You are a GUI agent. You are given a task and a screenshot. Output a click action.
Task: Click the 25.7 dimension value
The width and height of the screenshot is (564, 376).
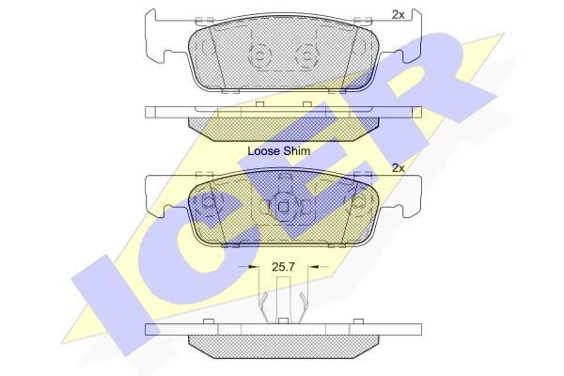coord(283,267)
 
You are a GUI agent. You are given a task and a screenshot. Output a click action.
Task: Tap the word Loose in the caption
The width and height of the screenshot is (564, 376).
coord(263,151)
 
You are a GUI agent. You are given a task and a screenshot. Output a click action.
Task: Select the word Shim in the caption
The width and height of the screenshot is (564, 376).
coord(296,151)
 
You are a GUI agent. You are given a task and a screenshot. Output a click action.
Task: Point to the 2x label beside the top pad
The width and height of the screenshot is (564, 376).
coord(399,15)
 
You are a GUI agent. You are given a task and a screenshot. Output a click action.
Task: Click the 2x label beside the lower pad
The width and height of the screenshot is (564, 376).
coord(399,168)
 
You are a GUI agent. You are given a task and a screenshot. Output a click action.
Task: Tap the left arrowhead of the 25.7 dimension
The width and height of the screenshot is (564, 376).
coord(254,267)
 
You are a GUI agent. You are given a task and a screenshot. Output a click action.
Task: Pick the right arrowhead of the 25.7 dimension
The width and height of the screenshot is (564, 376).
coord(314,267)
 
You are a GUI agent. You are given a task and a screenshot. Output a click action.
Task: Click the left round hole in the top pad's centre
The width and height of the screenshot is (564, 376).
coord(260,56)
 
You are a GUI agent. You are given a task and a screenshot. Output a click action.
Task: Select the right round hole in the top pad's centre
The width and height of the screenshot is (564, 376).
coord(306,56)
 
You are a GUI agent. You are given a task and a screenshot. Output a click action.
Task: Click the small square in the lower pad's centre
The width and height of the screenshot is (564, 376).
coord(284,207)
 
